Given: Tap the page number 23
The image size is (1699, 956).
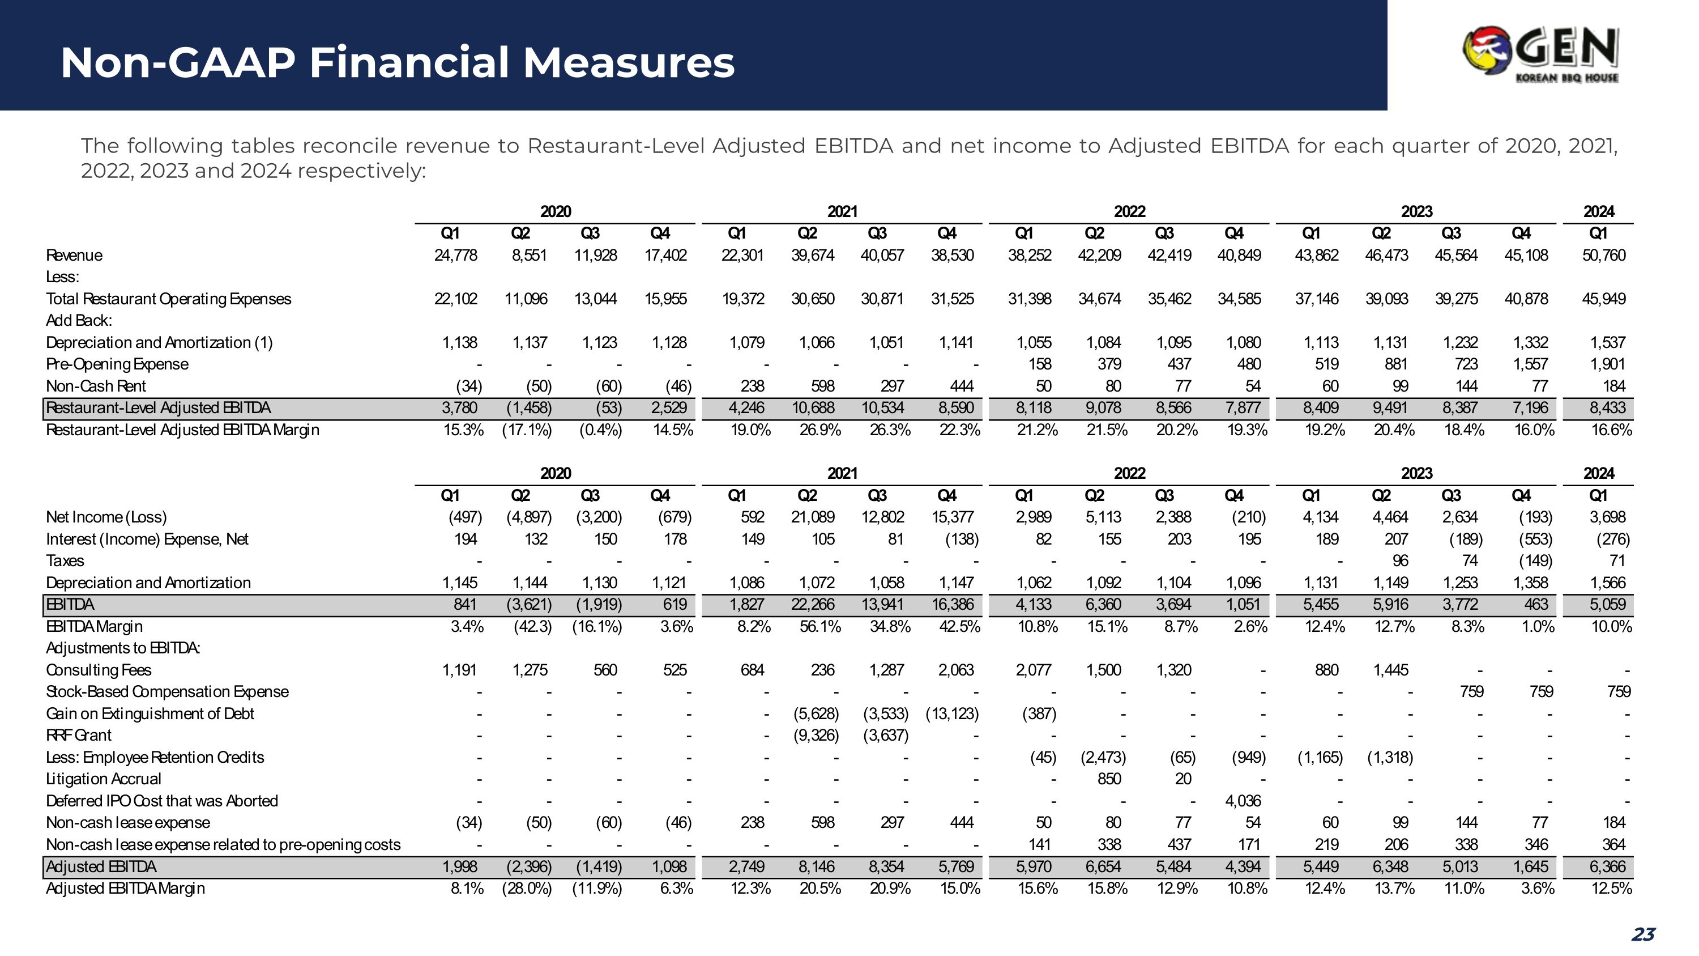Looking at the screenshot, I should pyautogui.click(x=1643, y=933).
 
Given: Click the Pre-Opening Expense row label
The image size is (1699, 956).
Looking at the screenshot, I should pyautogui.click(x=117, y=364).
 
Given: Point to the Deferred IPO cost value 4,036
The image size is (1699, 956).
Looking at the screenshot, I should pyautogui.click(x=1243, y=801).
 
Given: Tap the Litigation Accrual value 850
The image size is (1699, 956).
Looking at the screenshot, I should pyautogui.click(x=1109, y=779).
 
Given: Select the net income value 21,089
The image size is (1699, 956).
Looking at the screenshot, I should pyautogui.click(x=813, y=517).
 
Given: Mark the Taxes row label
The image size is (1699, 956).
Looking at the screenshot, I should pyautogui.click(x=65, y=561).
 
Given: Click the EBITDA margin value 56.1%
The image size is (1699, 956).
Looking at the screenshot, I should pyautogui.click(x=820, y=626).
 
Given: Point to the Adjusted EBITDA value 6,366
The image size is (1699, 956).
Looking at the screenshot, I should pyautogui.click(x=1607, y=866).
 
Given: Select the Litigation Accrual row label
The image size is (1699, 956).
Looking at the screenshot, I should pyautogui.click(x=103, y=779).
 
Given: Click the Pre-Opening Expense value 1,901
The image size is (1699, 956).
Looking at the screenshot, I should pyautogui.click(x=1607, y=364).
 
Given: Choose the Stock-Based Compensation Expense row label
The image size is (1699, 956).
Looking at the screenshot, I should pyautogui.click(x=167, y=691).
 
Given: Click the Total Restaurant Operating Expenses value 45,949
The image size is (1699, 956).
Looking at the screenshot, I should pyautogui.click(x=1603, y=299).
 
